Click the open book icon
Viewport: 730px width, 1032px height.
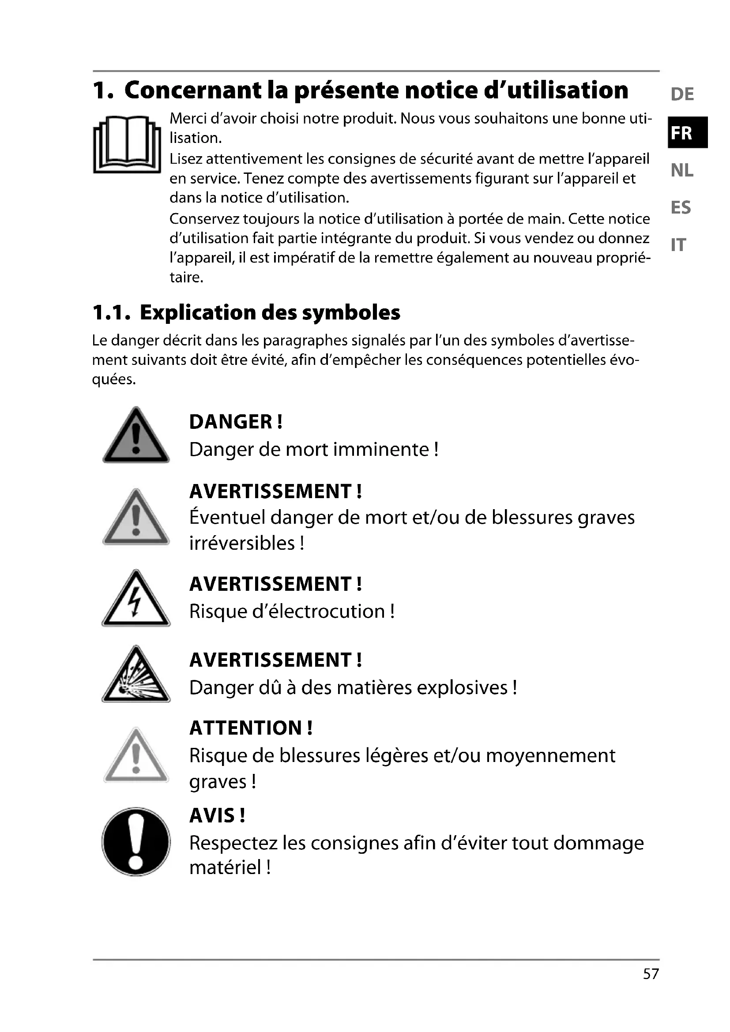pyautogui.click(x=127, y=144)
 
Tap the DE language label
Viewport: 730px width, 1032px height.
pyautogui.click(x=682, y=94)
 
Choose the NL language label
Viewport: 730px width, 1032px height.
pyautogui.click(x=682, y=171)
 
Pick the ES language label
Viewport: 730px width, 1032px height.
pyautogui.click(x=681, y=208)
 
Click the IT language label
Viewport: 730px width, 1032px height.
pyautogui.click(x=678, y=245)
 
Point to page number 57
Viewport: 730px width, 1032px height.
pyautogui.click(x=651, y=974)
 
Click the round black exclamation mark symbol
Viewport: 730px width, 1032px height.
pyautogui.click(x=136, y=841)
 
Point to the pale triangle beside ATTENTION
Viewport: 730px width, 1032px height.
pyautogui.click(x=136, y=757)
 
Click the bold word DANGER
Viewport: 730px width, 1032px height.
pyautogui.click(x=230, y=422)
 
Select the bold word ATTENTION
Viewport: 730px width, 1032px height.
pyautogui.click(x=245, y=728)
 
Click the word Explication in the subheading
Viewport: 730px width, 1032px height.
pyautogui.click(x=192, y=312)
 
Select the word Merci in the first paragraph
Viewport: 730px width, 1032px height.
pyautogui.click(x=188, y=119)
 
